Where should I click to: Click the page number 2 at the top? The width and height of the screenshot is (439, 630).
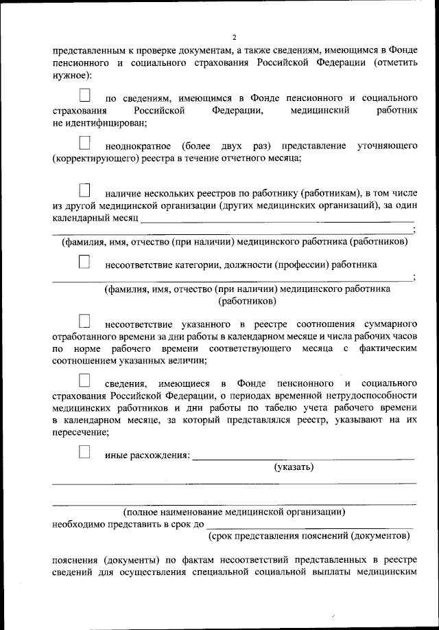pyautogui.click(x=234, y=37)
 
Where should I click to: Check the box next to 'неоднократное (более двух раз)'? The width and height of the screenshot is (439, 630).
pyautogui.click(x=85, y=143)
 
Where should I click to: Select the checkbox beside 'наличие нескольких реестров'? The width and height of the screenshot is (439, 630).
pyautogui.click(x=85, y=189)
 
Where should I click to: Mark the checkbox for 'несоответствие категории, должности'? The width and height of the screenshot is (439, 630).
pyautogui.click(x=85, y=261)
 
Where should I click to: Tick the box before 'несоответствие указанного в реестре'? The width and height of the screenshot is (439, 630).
pyautogui.click(x=85, y=320)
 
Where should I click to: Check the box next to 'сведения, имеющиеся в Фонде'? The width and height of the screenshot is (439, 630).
pyautogui.click(x=85, y=379)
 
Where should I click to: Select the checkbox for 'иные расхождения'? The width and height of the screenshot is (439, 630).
pyautogui.click(x=85, y=451)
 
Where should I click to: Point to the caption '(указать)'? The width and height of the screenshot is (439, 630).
pyautogui.click(x=294, y=467)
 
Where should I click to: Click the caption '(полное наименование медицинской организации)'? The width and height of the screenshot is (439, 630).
pyautogui.click(x=234, y=512)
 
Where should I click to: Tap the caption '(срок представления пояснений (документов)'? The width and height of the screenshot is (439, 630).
pyautogui.click(x=311, y=535)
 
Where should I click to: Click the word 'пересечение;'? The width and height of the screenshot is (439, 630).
pyautogui.click(x=80, y=433)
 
